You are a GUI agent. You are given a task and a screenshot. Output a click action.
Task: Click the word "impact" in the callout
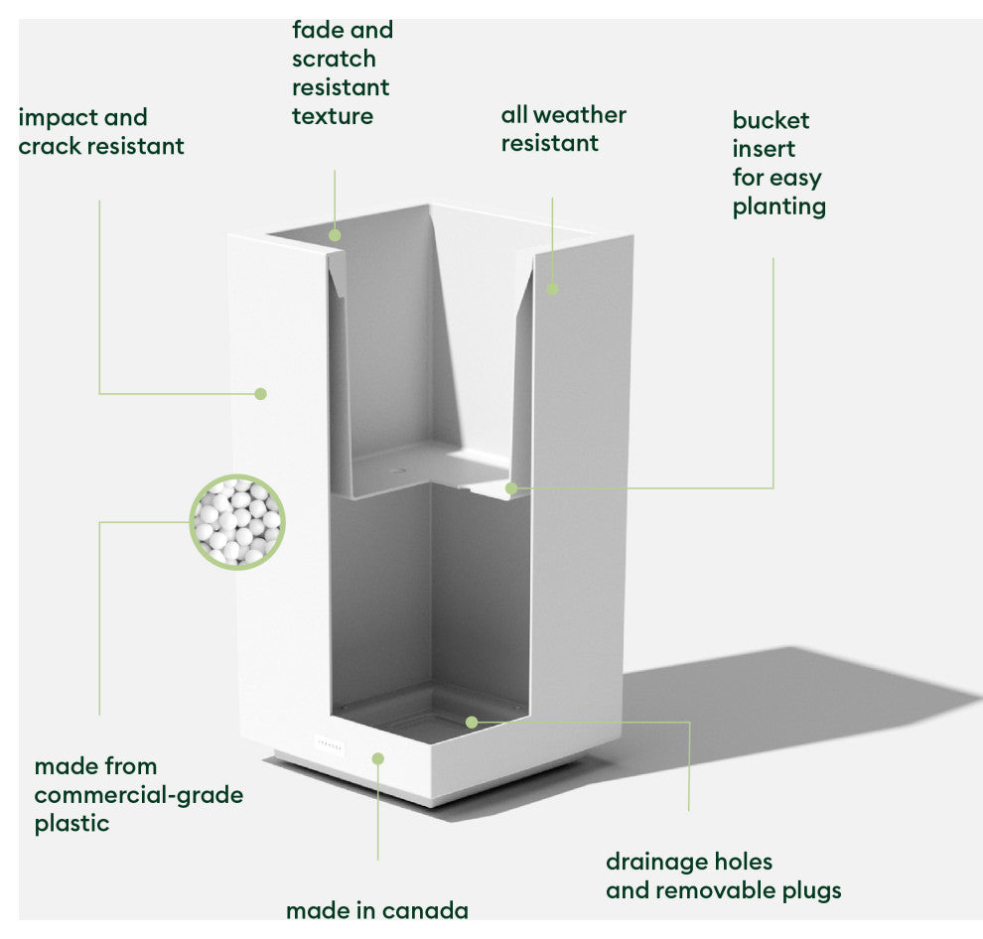point(56,118)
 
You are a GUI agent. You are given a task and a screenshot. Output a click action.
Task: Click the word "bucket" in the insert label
point(771,121)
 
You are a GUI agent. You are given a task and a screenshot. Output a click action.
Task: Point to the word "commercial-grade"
point(138,795)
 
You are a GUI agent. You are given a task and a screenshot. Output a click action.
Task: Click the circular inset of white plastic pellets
point(237,521)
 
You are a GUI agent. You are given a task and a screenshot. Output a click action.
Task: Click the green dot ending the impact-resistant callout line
point(260,394)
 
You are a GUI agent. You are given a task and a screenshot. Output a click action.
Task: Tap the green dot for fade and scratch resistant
point(335,235)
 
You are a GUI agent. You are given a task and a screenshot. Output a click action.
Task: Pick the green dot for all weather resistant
point(553,290)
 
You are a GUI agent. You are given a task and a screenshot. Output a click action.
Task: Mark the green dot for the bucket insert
point(511,488)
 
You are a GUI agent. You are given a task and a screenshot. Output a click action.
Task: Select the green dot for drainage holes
point(472,722)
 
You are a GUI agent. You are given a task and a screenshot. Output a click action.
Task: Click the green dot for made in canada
point(377,758)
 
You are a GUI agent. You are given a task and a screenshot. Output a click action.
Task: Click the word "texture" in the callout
point(333,116)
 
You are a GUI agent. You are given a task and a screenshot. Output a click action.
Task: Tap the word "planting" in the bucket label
point(778,206)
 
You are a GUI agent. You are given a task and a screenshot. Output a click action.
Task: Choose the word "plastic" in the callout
point(71,824)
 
